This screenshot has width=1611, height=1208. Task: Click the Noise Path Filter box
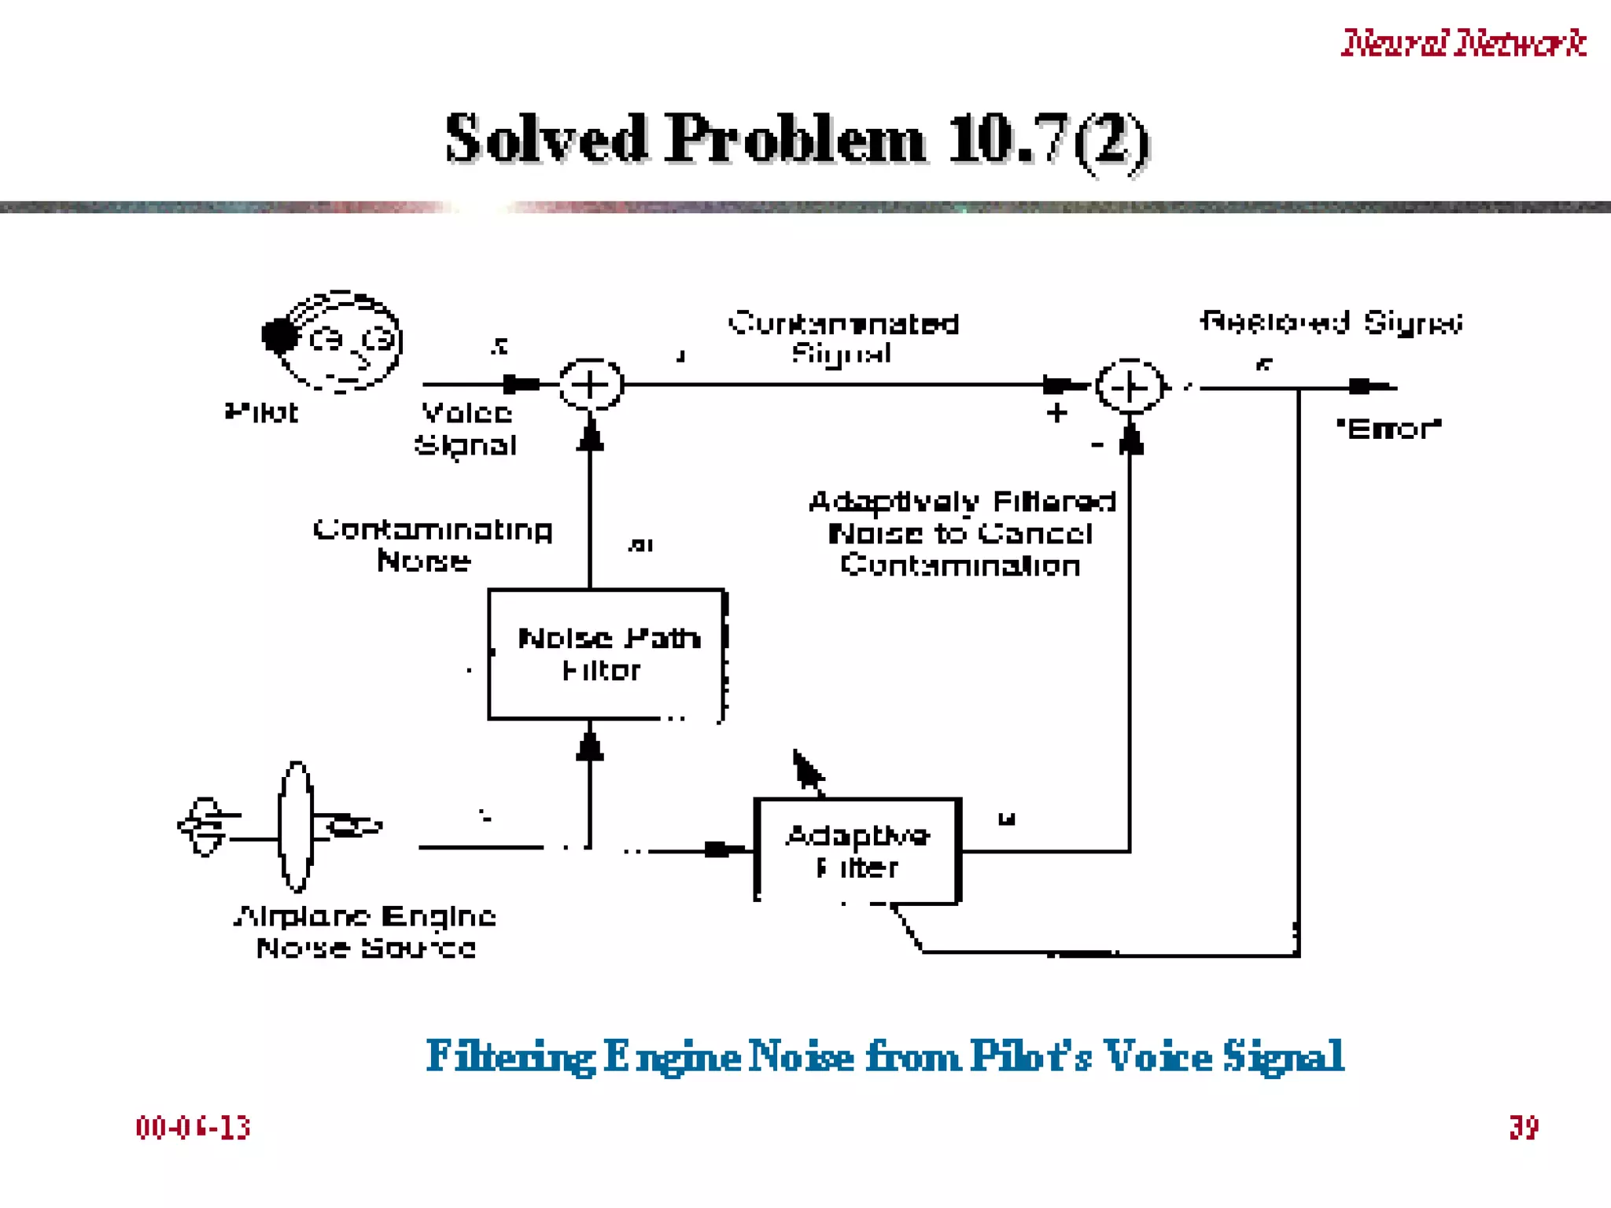pyautogui.click(x=606, y=654)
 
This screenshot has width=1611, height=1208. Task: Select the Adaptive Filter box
pyautogui.click(x=857, y=851)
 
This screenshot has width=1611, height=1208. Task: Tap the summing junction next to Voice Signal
pyautogui.click(x=591, y=385)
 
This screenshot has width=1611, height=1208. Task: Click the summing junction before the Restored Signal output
pyautogui.click(x=1130, y=387)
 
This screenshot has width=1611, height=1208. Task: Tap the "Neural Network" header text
pyautogui.click(x=1463, y=42)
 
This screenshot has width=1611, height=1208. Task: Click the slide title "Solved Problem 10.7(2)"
pyautogui.click(x=798, y=139)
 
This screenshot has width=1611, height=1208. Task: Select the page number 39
pyautogui.click(x=1524, y=1128)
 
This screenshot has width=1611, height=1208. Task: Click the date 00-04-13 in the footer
pyautogui.click(x=193, y=1128)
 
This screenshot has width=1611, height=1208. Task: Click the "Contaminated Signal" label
pyautogui.click(x=843, y=338)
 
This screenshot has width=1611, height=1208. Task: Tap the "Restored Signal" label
pyautogui.click(x=1331, y=322)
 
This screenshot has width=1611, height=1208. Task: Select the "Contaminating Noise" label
pyautogui.click(x=432, y=545)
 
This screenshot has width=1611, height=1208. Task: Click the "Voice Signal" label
pyautogui.click(x=466, y=429)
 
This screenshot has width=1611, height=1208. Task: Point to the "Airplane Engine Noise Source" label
pyautogui.click(x=366, y=932)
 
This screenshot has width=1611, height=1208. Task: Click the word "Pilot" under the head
pyautogui.click(x=261, y=413)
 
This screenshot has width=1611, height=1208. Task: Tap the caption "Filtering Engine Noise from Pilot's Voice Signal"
pyautogui.click(x=885, y=1056)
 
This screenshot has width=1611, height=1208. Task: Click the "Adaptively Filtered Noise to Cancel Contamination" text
pyautogui.click(x=961, y=534)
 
